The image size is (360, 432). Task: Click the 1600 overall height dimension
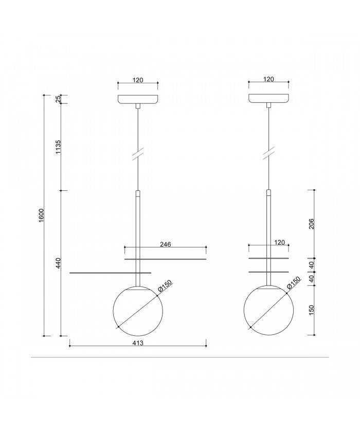coord(41,216)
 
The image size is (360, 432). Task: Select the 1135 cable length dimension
coord(58,147)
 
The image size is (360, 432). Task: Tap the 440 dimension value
coord(58,263)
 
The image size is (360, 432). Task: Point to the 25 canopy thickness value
coord(58,99)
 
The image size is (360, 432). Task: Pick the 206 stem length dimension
coord(312,224)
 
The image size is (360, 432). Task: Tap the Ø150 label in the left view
coord(164,287)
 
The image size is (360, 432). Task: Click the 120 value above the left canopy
coord(137,80)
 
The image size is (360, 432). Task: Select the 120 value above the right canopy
coord(268,80)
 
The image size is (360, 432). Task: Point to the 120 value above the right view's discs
coord(279,242)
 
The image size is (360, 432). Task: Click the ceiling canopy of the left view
coord(137,99)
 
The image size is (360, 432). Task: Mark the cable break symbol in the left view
coord(137,154)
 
